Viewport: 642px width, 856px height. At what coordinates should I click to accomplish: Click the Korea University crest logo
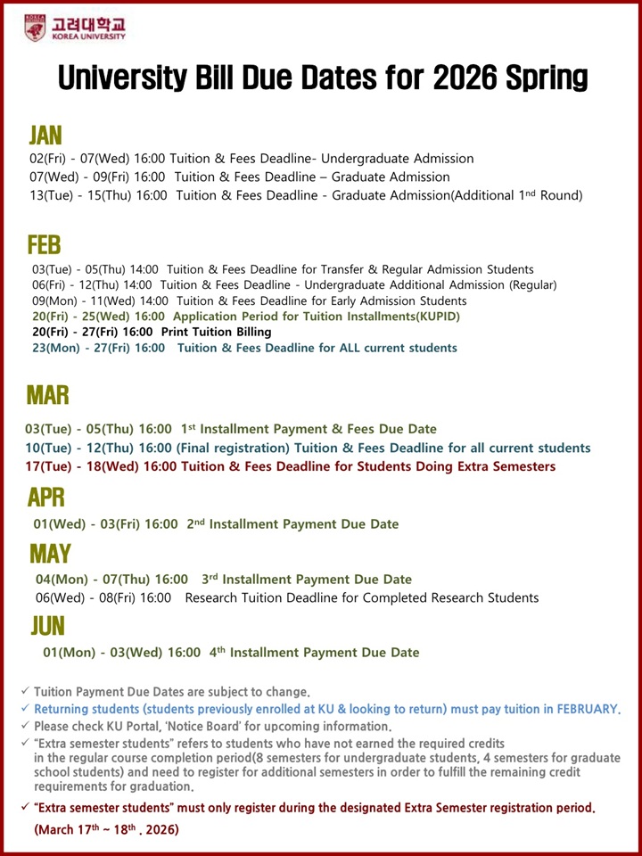point(35,28)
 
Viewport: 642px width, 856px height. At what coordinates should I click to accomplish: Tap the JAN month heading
point(45,135)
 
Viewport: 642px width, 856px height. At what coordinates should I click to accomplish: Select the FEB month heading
point(45,243)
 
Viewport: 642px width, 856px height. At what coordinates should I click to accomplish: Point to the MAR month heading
point(48,395)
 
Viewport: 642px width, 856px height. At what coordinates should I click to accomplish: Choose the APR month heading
point(46,497)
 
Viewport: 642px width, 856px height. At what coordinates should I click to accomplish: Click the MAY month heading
point(50,554)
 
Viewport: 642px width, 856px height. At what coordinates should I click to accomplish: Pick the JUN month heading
point(47,626)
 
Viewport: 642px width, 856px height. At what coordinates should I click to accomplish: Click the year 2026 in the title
point(433,78)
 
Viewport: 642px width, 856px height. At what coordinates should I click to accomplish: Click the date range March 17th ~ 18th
point(106,829)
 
